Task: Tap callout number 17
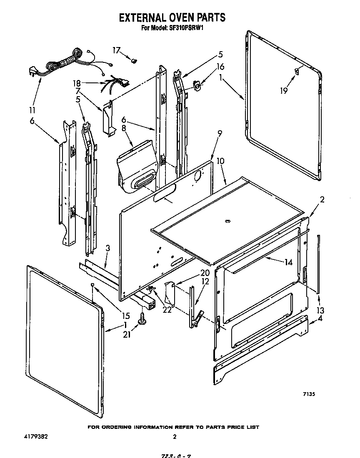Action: [117, 50]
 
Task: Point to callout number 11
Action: [32, 111]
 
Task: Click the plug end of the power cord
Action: [32, 71]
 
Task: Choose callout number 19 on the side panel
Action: [284, 90]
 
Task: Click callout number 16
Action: [220, 66]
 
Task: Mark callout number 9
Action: [220, 133]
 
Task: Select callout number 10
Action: [220, 160]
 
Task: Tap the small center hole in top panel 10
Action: [227, 222]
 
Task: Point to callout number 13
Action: [320, 310]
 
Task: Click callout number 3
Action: [107, 249]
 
